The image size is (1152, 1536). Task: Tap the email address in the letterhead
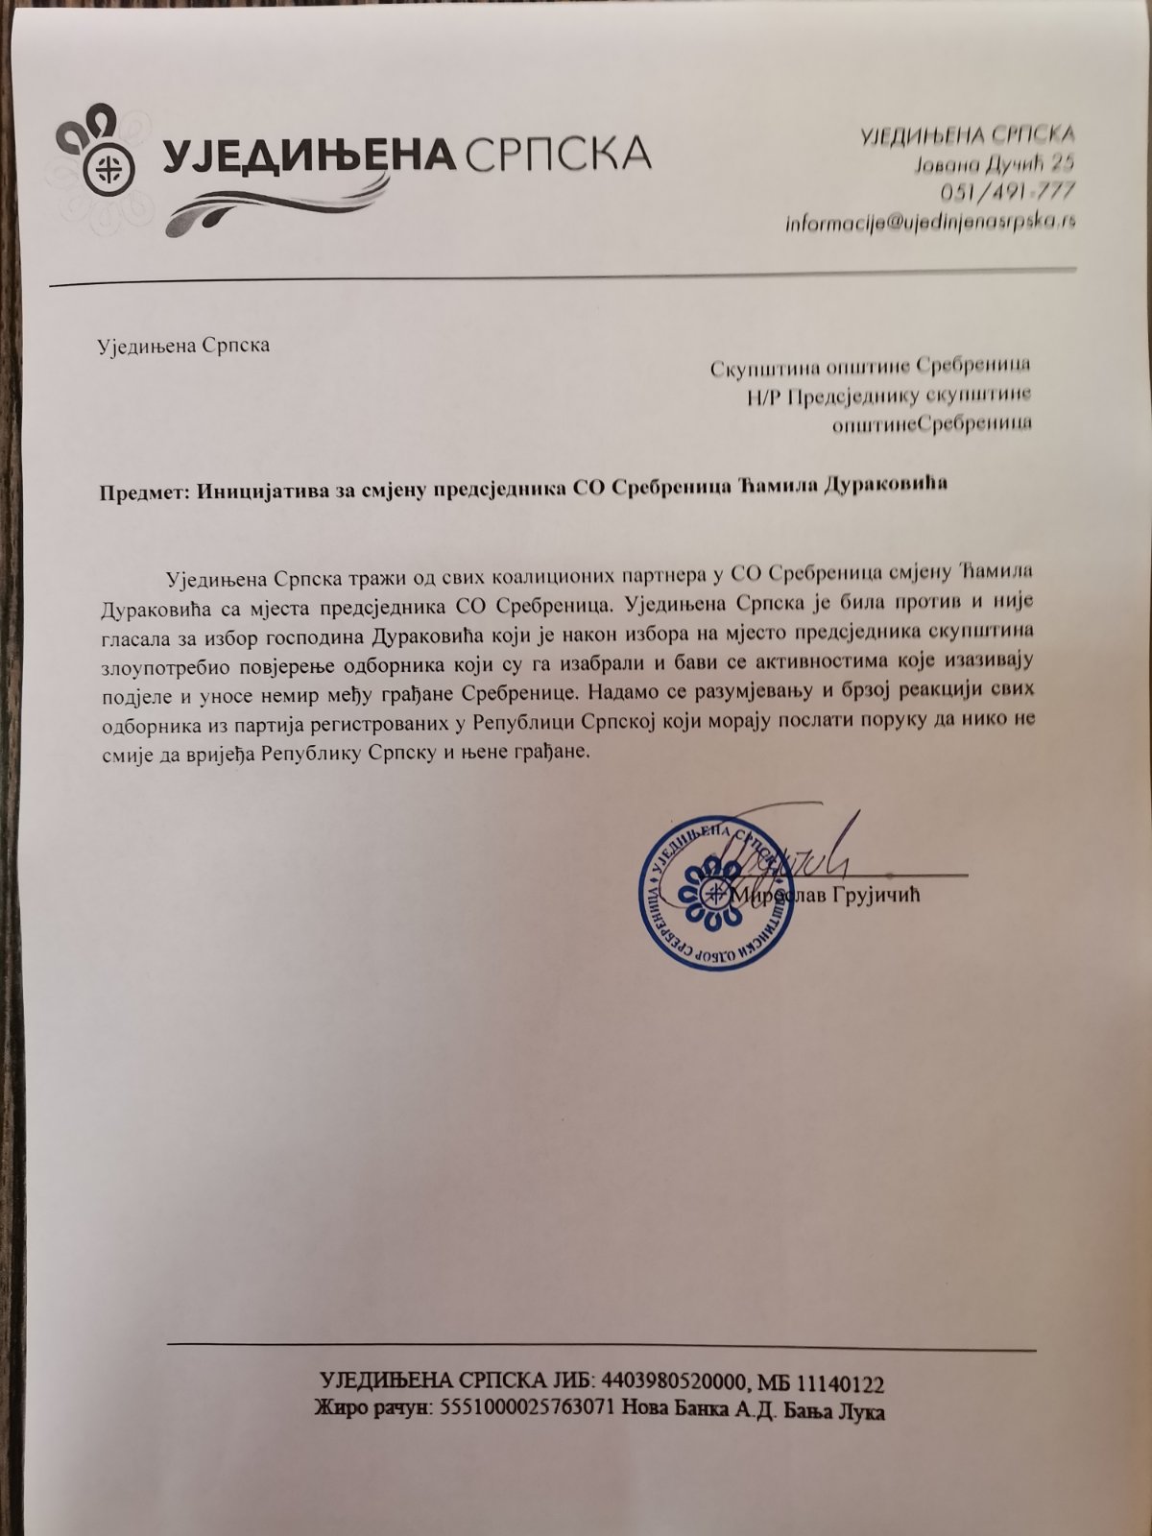pyautogui.click(x=930, y=222)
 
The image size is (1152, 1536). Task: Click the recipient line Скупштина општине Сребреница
pyautogui.click(x=870, y=366)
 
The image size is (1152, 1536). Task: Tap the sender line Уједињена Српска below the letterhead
pyautogui.click(x=184, y=346)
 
